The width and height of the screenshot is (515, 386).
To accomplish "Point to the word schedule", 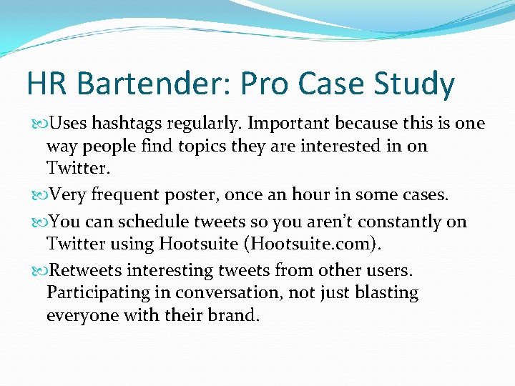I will coord(142,222).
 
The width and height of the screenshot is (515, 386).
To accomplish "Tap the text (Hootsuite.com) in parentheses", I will coord(314,244).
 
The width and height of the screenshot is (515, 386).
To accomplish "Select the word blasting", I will coord(387,293).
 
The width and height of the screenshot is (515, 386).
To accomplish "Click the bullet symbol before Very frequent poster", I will coord(37,194).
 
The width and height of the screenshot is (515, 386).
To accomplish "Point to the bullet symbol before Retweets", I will coord(37,272).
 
